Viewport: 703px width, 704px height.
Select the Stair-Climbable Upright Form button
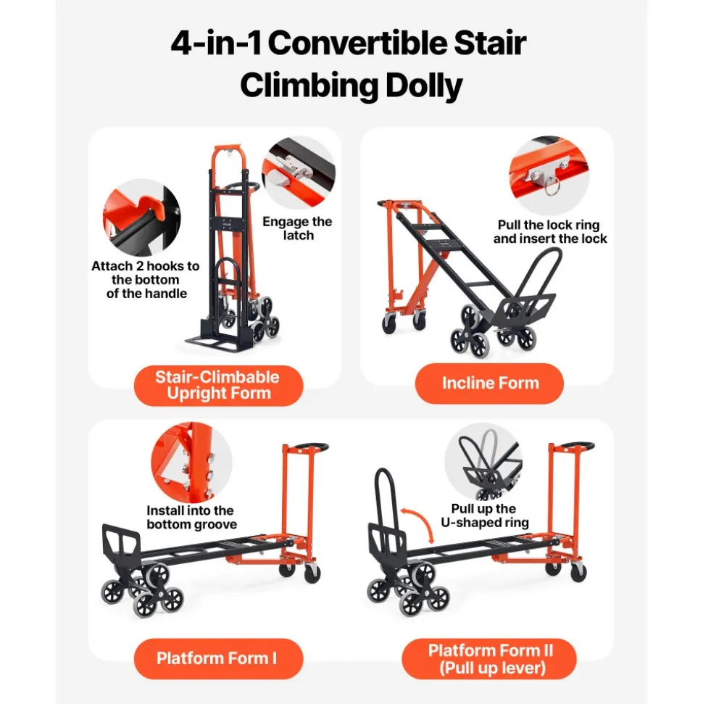point(218,385)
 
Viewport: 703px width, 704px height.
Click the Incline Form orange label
point(489,383)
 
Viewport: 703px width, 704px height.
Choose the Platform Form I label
point(218,658)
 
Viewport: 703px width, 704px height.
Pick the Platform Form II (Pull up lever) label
point(489,658)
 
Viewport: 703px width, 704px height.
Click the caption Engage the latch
point(298,228)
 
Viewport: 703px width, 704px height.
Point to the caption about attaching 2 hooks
point(146,280)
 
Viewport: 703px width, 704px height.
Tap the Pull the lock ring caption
point(550,232)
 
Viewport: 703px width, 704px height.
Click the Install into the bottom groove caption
point(191,517)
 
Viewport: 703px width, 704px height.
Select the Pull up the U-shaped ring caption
point(484,515)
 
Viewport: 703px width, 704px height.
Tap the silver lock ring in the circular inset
point(552,186)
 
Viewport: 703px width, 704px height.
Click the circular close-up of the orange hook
point(142,218)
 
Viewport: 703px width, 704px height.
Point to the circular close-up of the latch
point(298,173)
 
